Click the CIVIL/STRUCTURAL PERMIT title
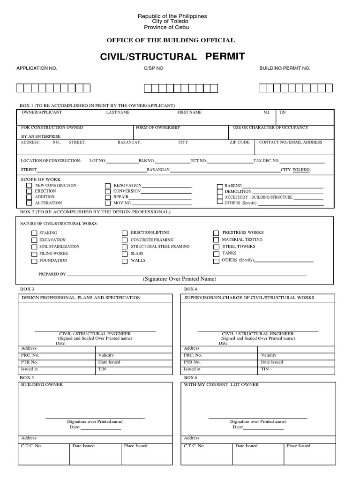172,57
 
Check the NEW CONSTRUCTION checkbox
29,186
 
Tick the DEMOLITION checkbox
220,192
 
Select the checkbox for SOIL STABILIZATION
34,247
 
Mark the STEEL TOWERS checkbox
216,247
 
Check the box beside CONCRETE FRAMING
125,240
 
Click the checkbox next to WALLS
125,261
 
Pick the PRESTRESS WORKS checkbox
216,233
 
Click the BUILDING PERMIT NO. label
285,68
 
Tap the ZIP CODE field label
240,142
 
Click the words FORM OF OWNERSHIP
158,127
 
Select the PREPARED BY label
52,274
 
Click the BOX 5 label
26,377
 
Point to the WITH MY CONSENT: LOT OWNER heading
221,385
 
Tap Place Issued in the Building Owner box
135,446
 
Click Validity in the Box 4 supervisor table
269,355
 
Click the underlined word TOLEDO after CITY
301,170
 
